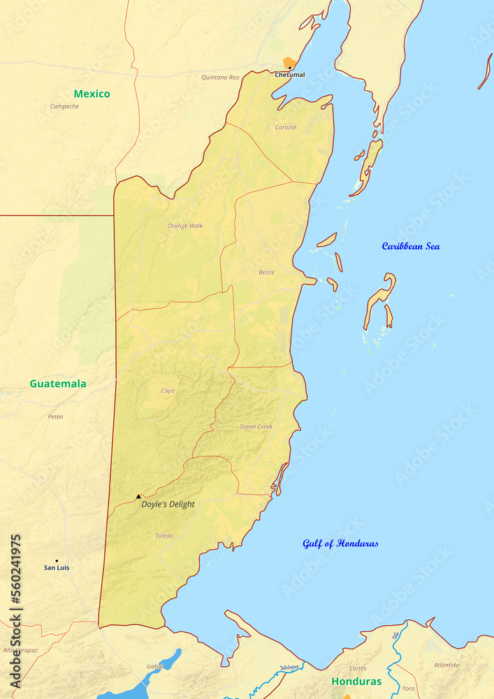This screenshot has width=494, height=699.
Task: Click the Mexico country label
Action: coord(92,94)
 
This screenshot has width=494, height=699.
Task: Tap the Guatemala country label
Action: coord(58,384)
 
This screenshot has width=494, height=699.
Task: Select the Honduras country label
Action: coord(356,682)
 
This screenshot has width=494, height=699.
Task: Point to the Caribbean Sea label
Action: coord(411,246)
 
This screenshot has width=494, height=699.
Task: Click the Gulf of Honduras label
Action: coord(340,543)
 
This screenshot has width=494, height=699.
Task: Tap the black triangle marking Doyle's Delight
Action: coord(138,496)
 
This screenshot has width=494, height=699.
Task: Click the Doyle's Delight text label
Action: coord(168,504)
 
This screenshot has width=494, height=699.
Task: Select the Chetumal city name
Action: coord(289,75)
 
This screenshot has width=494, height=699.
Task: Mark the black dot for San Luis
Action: coord(57,561)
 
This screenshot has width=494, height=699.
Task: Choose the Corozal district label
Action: coord(286,127)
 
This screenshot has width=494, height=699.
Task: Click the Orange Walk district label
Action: coord(185,226)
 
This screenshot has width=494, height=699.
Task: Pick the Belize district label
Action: coord(266,273)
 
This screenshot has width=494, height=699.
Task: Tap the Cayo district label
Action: coord(168,391)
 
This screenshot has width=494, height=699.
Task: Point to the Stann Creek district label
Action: coord(256,426)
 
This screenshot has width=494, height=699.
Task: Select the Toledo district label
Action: coord(164,536)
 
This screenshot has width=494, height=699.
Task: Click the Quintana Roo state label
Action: coord(220,78)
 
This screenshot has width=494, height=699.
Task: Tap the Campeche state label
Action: coord(64,106)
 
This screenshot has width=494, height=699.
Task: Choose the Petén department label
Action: coord(55,417)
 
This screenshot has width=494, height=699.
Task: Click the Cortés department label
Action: coord(358,668)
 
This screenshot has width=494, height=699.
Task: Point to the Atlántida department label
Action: coord(446,665)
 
